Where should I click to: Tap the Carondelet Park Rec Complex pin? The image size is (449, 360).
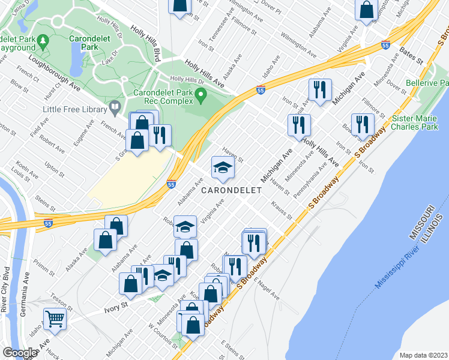(202, 95)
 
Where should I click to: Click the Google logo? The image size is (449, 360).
(20, 353)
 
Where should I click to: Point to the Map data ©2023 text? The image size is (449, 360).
(423, 355)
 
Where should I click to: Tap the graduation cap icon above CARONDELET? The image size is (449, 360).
(222, 169)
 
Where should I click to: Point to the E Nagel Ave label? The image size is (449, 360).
(267, 289)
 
